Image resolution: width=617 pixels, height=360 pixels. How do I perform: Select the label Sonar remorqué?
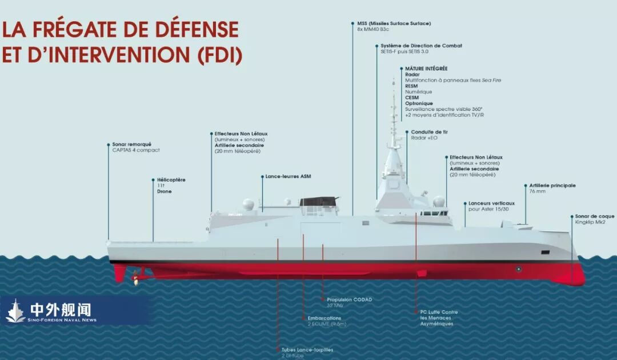(132, 145)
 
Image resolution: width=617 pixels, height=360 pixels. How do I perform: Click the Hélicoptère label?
(171, 180)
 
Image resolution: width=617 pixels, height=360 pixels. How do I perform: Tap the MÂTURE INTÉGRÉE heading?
(426, 69)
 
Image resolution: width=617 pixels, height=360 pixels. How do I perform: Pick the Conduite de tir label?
(430, 132)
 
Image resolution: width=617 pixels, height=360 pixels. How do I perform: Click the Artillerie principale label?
(552, 186)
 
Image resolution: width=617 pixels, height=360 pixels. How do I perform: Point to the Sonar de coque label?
(595, 217)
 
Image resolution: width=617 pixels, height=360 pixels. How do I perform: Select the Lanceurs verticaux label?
(491, 203)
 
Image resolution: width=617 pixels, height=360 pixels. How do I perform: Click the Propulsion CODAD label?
(350, 299)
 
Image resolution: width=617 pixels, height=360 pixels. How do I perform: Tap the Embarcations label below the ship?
(324, 318)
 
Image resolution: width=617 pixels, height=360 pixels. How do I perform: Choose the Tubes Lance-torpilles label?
(307, 350)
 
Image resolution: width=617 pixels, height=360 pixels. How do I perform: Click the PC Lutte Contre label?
(439, 312)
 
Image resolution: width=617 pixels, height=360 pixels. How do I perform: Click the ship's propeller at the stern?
(135, 278)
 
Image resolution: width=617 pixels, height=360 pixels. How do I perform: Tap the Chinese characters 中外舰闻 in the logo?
(61, 310)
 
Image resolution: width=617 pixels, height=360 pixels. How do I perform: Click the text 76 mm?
(538, 191)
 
